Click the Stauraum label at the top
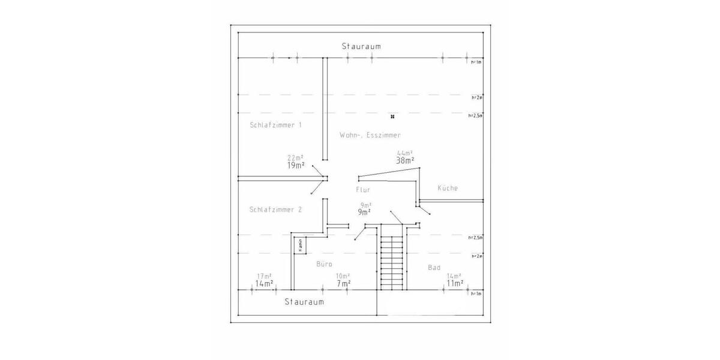pyautogui.click(x=361, y=46)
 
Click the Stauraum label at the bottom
pyautogui.click(x=304, y=302)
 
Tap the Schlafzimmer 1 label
pyautogui.click(x=275, y=125)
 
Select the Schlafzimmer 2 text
pyautogui.click(x=275, y=209)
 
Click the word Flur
pyautogui.click(x=363, y=189)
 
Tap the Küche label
pyautogui.click(x=448, y=188)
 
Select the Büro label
pyautogui.click(x=324, y=264)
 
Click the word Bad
pyautogui.click(x=434, y=267)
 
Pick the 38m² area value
pyautogui.click(x=405, y=160)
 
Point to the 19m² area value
pyautogui.click(x=295, y=165)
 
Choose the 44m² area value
pyautogui.click(x=405, y=153)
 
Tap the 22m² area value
pyautogui.click(x=295, y=158)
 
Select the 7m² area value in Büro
pyautogui.click(x=343, y=283)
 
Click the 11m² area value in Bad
pyautogui.click(x=454, y=283)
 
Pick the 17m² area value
pyautogui.click(x=265, y=276)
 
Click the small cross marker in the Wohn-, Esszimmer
pyautogui.click(x=392, y=116)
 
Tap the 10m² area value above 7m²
pyautogui.click(x=343, y=276)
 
